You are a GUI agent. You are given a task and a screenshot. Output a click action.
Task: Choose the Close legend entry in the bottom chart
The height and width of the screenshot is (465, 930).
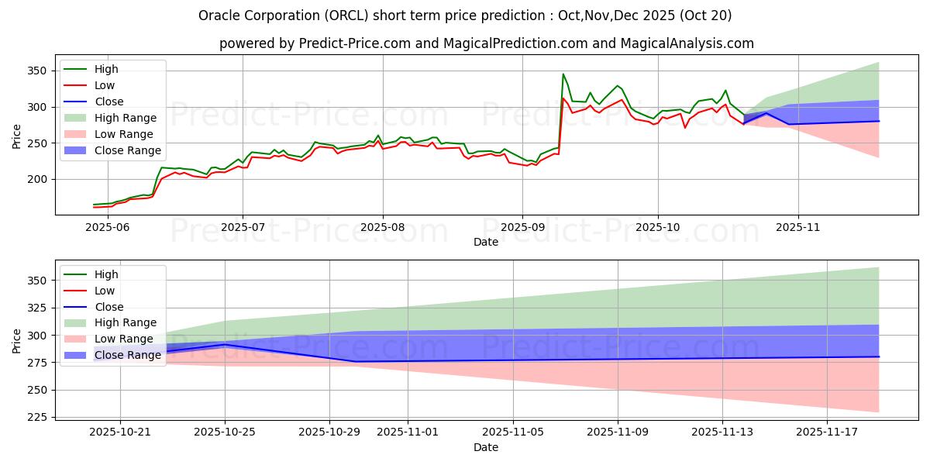pos(108,307)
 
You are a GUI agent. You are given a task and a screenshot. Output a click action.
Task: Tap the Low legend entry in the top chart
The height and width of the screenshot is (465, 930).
pos(104,85)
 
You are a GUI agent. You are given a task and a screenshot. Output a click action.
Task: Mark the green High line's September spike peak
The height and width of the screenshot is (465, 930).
pos(563,74)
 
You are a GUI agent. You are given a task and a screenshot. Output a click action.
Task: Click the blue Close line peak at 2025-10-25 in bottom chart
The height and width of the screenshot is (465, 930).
pos(226,345)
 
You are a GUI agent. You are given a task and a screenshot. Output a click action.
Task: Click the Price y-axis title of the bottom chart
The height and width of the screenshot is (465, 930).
pos(16,340)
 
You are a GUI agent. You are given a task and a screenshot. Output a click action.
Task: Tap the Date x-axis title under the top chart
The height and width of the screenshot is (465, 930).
pos(486,242)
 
